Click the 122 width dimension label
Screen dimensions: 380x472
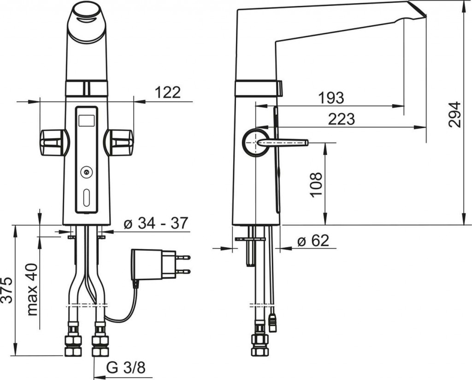point(167,93)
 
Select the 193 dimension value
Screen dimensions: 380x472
point(331,98)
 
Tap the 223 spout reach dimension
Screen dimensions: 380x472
point(342,119)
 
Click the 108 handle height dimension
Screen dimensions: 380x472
point(316,185)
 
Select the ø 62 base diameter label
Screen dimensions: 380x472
point(313,240)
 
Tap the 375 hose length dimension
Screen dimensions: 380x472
point(7,290)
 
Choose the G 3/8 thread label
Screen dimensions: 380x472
point(126,368)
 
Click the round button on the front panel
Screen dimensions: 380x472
point(86,172)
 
